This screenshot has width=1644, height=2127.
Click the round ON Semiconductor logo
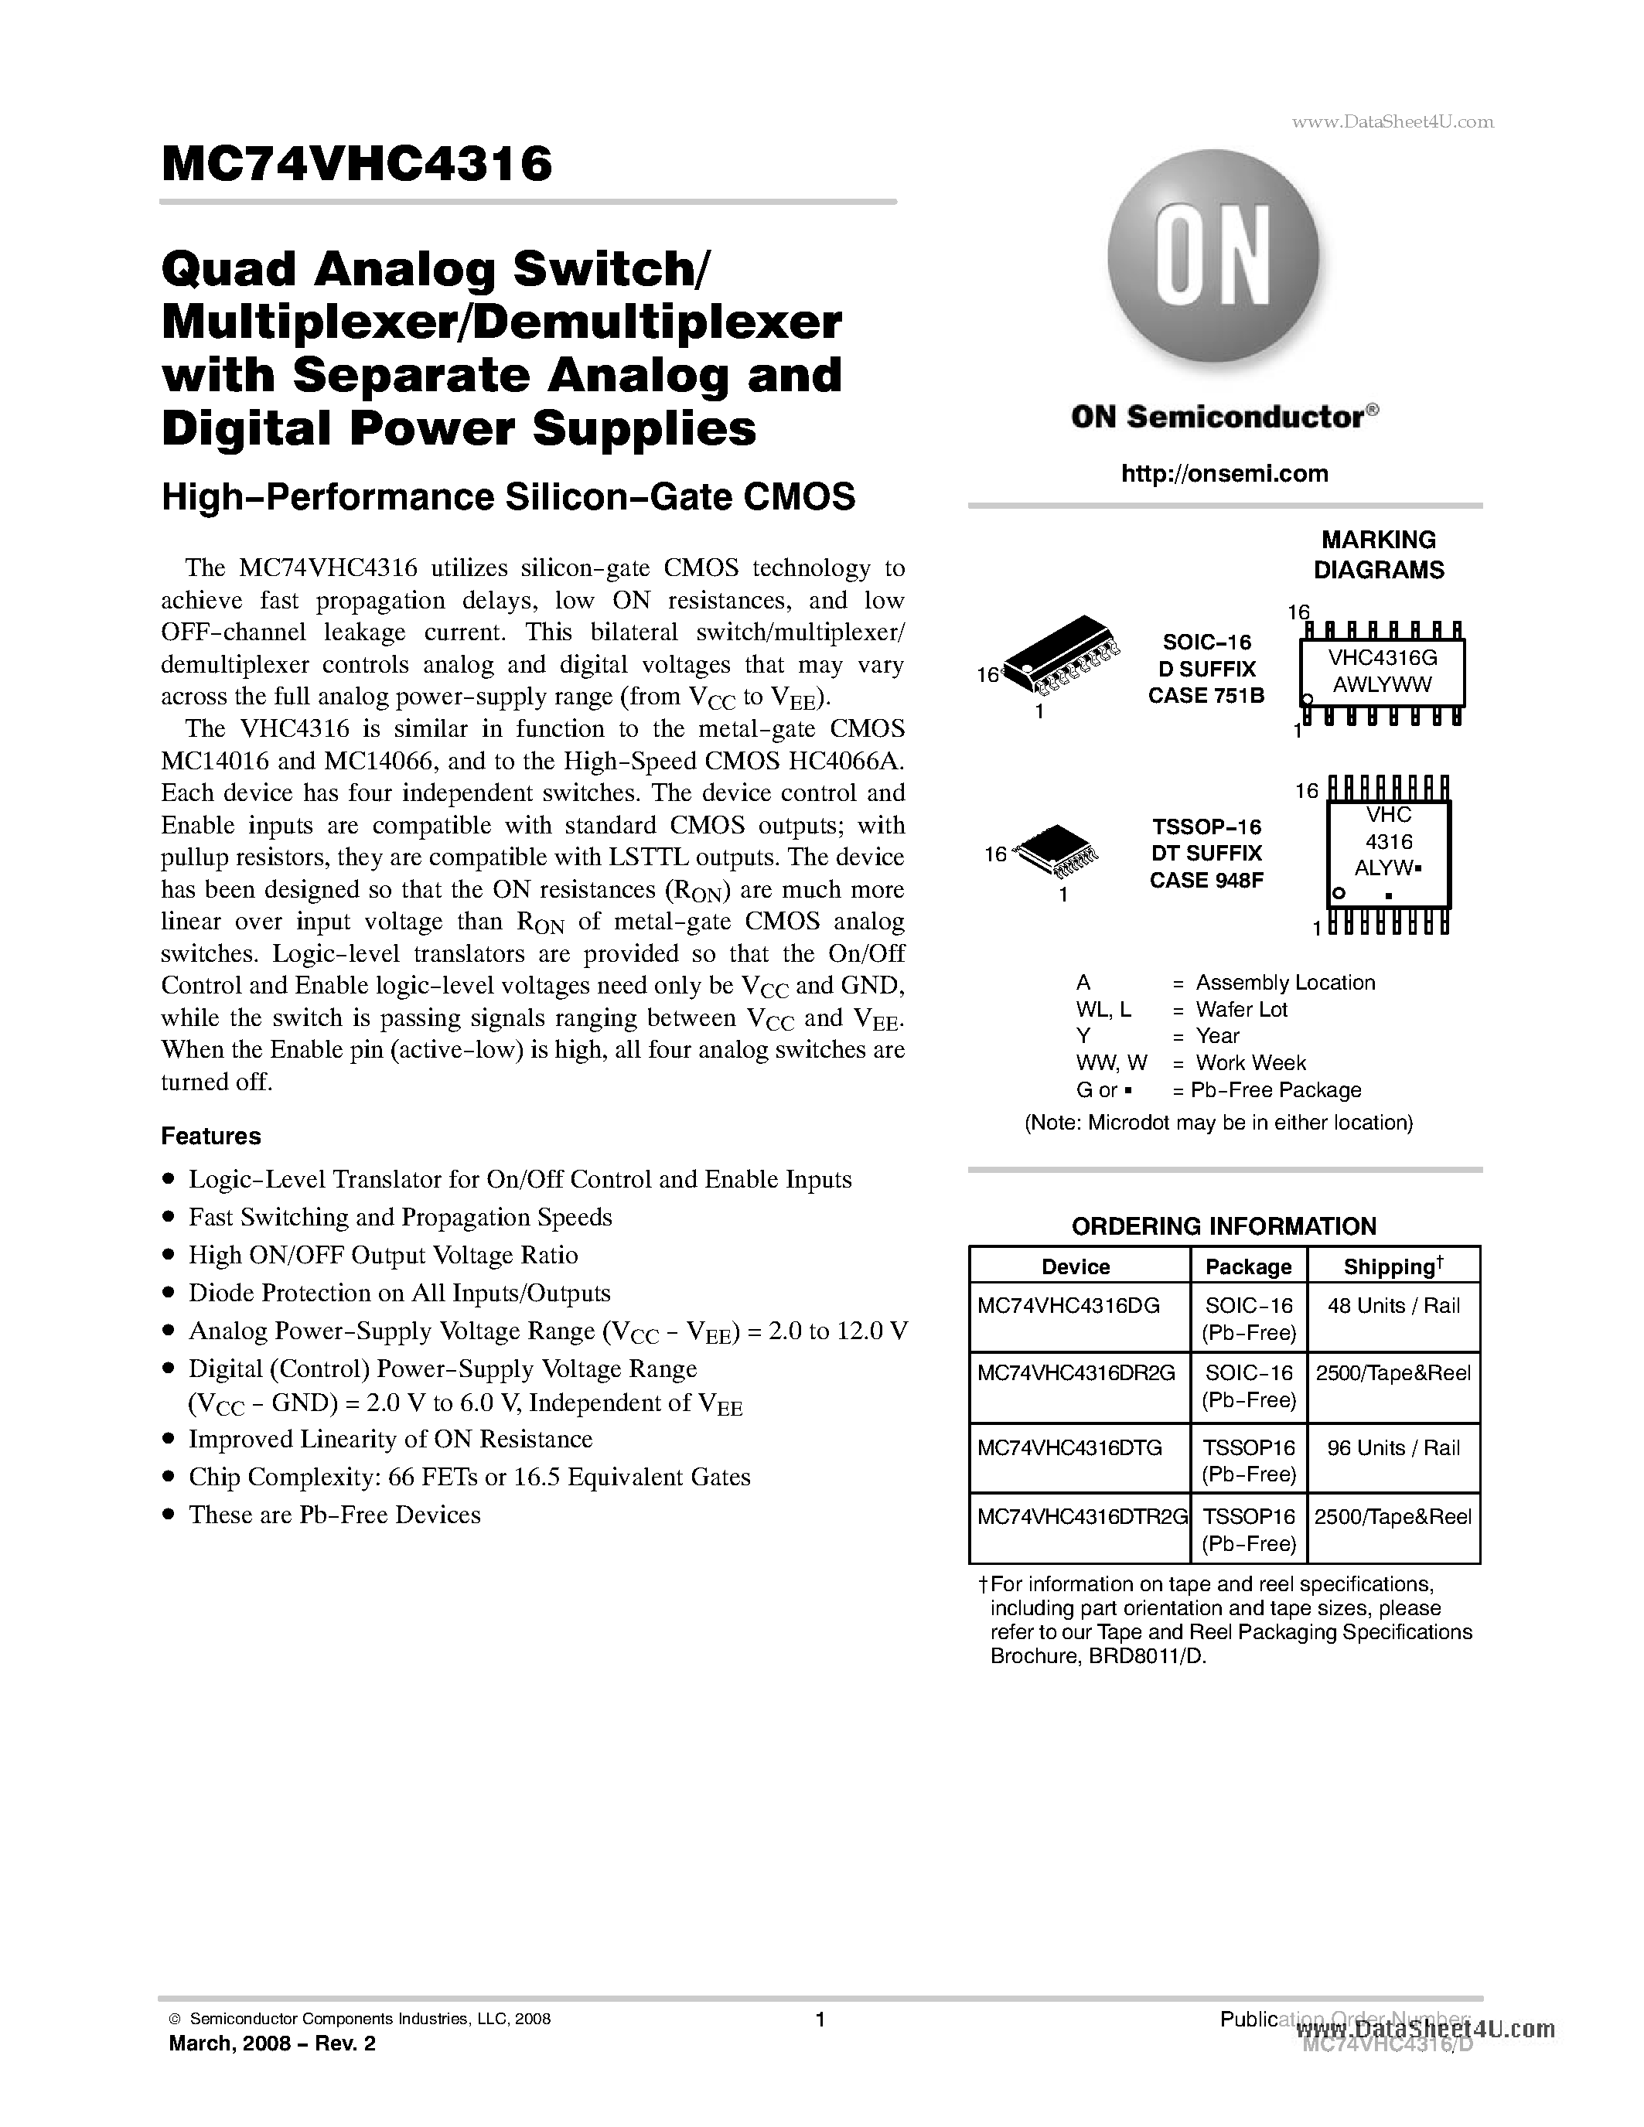click(1213, 255)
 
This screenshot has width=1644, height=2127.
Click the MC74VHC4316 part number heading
click(357, 164)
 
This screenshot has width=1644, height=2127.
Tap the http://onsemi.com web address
click(1224, 473)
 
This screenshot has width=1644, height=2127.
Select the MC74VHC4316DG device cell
click(1069, 1306)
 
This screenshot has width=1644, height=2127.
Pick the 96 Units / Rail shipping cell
click(1393, 1448)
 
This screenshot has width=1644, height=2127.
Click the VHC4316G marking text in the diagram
click(1382, 657)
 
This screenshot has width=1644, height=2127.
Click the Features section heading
click(210, 1137)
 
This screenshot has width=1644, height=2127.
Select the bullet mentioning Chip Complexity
click(469, 1478)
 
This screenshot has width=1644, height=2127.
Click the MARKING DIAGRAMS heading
click(1378, 555)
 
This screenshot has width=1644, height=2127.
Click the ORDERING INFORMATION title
click(1223, 1226)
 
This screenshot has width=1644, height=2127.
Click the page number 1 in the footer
click(820, 2020)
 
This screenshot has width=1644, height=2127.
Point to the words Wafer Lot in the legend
click(1241, 1010)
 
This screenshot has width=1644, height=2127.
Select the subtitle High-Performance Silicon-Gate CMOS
click(507, 496)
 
